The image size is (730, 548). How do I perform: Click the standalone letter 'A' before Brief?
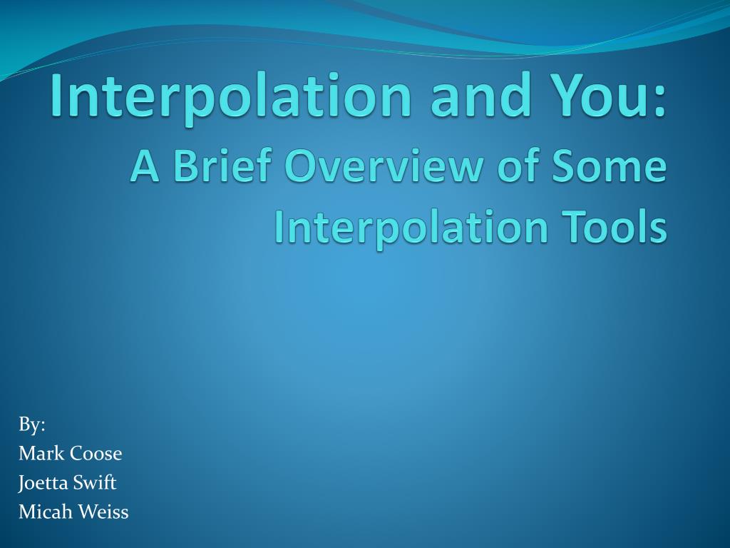click(x=145, y=166)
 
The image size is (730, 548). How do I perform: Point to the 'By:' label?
click(x=31, y=425)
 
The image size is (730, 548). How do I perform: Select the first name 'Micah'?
click(x=44, y=512)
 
